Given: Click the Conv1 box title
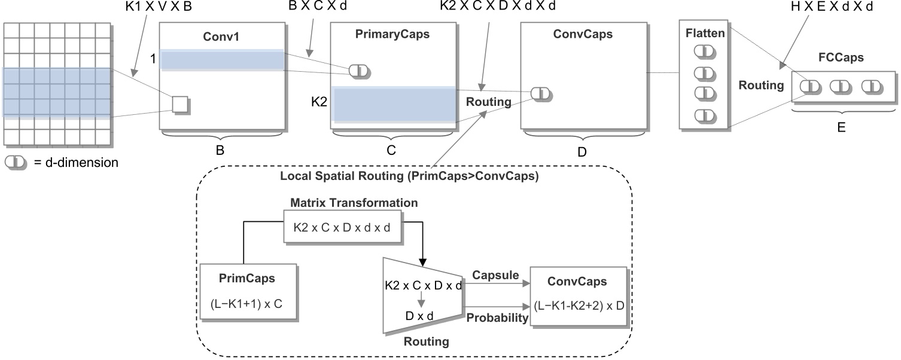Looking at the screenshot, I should [x=221, y=35].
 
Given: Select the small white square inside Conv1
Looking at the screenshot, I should [x=180, y=104].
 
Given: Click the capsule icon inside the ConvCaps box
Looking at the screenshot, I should [x=541, y=93].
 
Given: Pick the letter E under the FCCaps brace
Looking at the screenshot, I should [x=841, y=127].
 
